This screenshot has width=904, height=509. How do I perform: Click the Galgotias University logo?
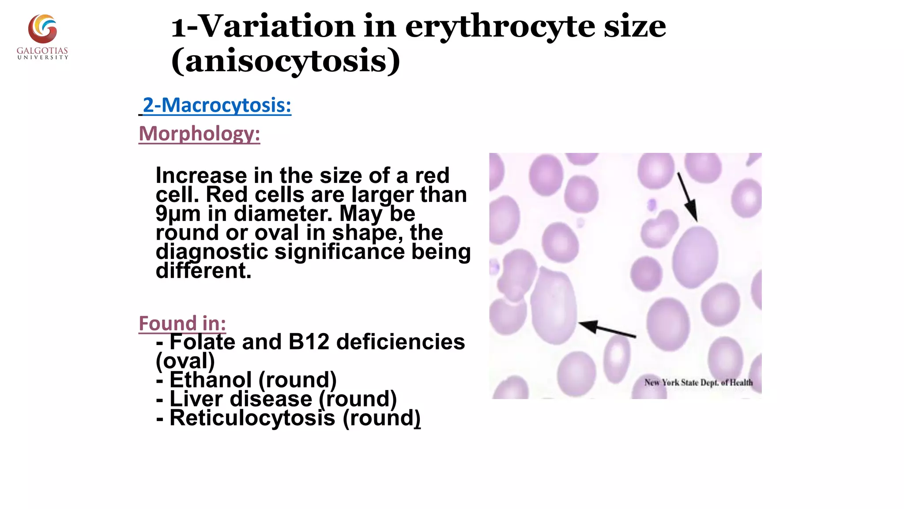click(42, 37)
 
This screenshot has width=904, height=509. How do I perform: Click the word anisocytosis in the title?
click(286, 61)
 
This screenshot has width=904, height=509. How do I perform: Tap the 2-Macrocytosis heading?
click(216, 106)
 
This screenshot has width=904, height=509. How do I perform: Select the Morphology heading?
click(200, 133)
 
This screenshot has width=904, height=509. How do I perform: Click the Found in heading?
click(182, 323)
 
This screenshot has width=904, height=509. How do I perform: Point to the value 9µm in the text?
click(178, 214)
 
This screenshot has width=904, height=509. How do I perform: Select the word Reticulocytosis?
click(252, 418)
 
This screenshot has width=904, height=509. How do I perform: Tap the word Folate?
click(202, 342)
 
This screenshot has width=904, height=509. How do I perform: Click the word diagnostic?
click(212, 252)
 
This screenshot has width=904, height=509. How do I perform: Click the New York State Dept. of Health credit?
click(698, 383)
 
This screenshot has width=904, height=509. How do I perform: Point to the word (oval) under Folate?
click(185, 361)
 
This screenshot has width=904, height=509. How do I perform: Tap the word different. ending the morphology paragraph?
click(203, 271)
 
